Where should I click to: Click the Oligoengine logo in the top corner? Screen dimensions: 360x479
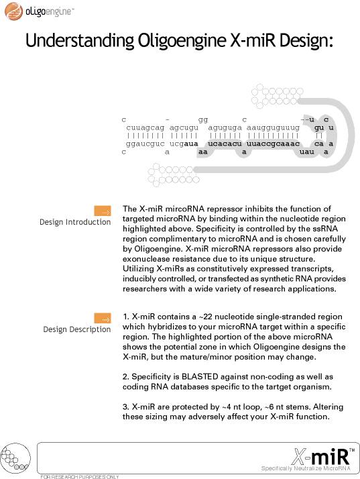coord(39,11)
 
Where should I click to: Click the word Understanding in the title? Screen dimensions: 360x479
coord(80,41)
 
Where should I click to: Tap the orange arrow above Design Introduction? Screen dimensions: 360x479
coord(103,211)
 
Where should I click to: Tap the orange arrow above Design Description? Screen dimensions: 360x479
coord(103,318)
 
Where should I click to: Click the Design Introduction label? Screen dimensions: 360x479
coord(75,222)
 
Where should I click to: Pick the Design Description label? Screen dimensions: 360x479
coord(77,329)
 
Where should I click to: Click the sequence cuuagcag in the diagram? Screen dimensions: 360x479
coord(145,127)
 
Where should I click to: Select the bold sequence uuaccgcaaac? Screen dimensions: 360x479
coord(273,144)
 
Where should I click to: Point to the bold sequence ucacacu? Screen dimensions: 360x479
coord(225,144)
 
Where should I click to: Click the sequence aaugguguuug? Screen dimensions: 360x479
coord(273,127)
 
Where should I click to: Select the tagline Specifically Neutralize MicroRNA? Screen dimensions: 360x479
coord(306,468)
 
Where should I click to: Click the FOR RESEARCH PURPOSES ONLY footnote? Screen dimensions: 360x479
coord(80,476)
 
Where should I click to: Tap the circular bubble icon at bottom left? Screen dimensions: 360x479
coord(15,458)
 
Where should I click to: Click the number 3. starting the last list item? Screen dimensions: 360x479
coord(126,407)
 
